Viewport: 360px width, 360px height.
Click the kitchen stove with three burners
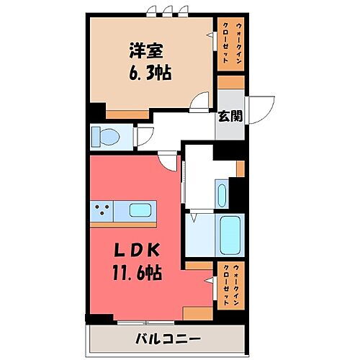click(101, 211)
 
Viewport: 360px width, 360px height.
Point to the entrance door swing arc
click(263, 108)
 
